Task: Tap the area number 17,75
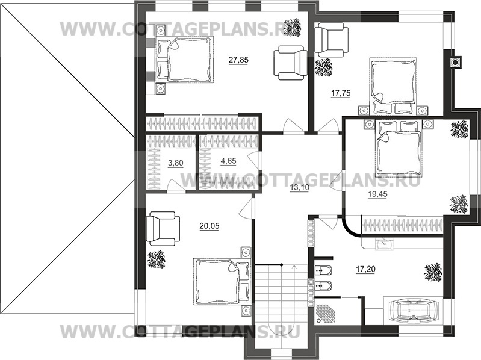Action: [x=341, y=93]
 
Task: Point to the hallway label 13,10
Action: [x=300, y=187]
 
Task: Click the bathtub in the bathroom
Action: [x=412, y=311]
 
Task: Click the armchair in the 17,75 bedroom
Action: [x=330, y=39]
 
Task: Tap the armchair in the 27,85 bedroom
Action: [x=291, y=63]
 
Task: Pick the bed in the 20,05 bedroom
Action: [x=219, y=282]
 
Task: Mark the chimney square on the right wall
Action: [x=456, y=60]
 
